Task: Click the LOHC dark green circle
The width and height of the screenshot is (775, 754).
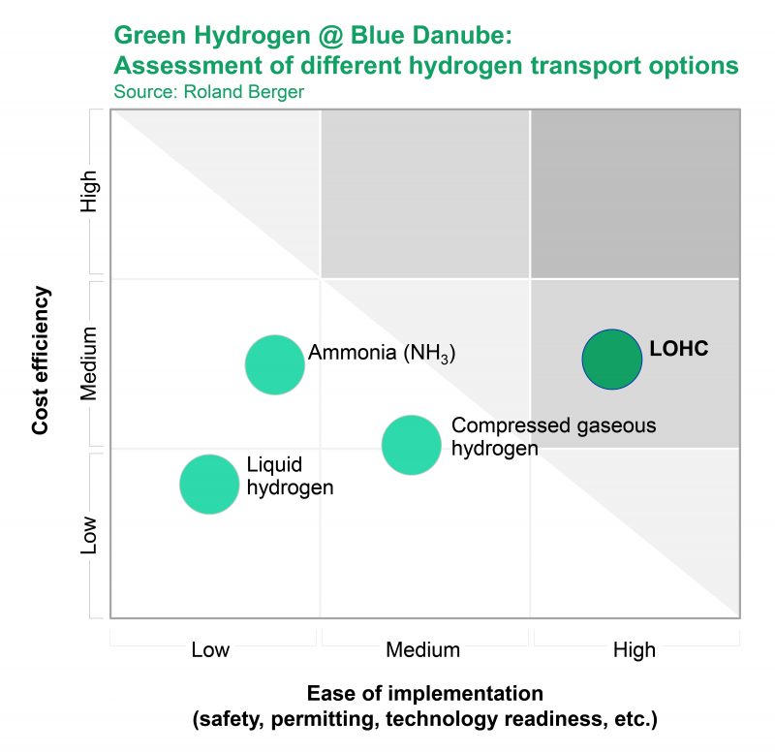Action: pyautogui.click(x=611, y=359)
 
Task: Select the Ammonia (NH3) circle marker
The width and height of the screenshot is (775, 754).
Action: pyautogui.click(x=275, y=364)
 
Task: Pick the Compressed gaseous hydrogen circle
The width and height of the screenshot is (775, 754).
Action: pyautogui.click(x=412, y=445)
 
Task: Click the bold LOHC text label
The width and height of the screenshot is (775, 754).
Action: pyautogui.click(x=679, y=348)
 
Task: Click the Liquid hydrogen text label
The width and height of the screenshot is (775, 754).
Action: pyautogui.click(x=290, y=476)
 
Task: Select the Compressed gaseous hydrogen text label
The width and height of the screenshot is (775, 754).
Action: pyautogui.click(x=553, y=436)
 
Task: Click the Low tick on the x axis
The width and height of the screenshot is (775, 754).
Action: pyautogui.click(x=210, y=649)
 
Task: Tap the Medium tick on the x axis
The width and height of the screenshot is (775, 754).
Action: pyautogui.click(x=422, y=649)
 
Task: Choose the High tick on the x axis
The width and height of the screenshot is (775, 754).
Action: pyautogui.click(x=635, y=649)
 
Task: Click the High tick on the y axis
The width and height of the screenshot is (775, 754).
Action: pyautogui.click(x=89, y=192)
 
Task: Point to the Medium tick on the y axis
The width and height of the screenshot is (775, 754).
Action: pyautogui.click(x=89, y=364)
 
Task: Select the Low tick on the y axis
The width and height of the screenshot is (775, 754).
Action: pyautogui.click(x=89, y=534)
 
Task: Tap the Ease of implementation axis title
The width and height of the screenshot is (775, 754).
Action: pyautogui.click(x=424, y=694)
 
